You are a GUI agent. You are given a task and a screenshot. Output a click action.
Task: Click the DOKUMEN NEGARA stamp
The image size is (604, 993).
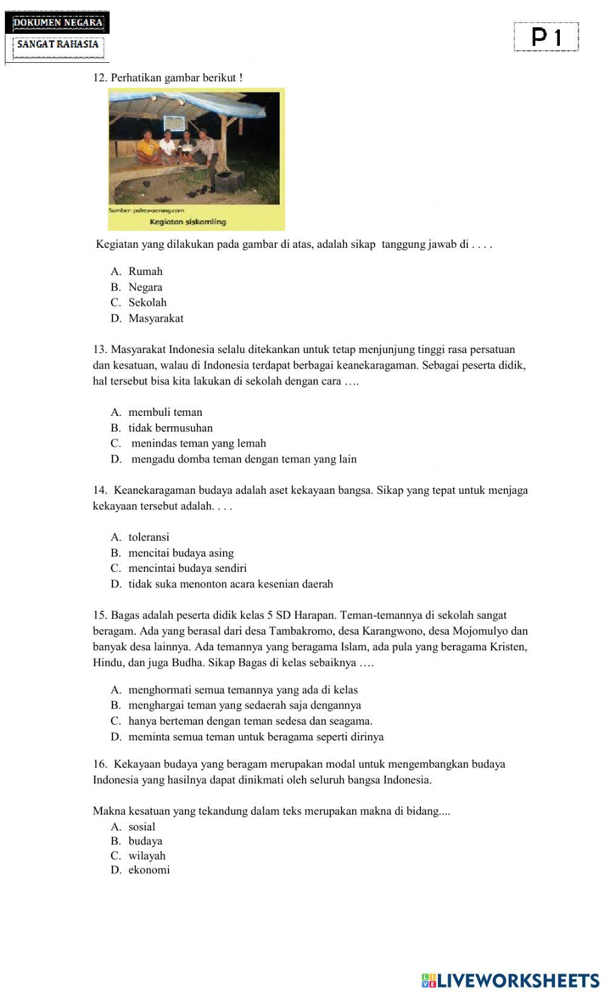click(x=58, y=23)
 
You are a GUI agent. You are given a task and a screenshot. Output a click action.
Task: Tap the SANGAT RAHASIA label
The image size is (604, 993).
click(x=57, y=44)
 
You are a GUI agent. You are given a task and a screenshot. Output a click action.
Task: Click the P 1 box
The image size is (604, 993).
click(x=546, y=37)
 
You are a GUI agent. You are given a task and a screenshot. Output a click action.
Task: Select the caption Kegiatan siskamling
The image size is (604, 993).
click(x=187, y=222)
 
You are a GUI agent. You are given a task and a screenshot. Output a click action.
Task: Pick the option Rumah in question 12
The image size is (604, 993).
click(x=145, y=271)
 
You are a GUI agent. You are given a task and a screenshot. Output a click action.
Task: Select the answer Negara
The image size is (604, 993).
click(x=145, y=287)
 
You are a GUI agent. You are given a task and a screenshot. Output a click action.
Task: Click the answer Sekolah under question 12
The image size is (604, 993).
click(x=147, y=303)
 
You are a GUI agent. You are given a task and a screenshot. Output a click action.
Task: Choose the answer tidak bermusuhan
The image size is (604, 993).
click(x=170, y=428)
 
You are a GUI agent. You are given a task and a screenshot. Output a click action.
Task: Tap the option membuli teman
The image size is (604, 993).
click(x=165, y=412)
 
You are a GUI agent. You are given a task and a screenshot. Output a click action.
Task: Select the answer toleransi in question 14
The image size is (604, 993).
click(x=149, y=537)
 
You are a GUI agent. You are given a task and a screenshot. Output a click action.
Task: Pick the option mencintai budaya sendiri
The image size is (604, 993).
click(x=187, y=568)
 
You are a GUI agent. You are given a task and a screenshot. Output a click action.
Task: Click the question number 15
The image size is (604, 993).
click(x=100, y=615)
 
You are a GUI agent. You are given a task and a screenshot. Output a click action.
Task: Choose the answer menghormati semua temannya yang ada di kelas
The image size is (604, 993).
click(x=243, y=690)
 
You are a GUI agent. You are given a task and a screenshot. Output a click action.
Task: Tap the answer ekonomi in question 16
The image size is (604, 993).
click(x=149, y=870)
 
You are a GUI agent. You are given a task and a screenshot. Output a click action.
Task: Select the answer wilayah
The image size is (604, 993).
click(x=147, y=855)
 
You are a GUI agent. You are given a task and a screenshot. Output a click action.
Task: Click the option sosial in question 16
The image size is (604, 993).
click(x=141, y=827)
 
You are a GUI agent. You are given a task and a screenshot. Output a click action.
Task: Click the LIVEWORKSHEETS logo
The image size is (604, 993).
click(x=510, y=980)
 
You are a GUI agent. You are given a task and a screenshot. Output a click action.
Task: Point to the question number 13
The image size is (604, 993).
click(x=100, y=349)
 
